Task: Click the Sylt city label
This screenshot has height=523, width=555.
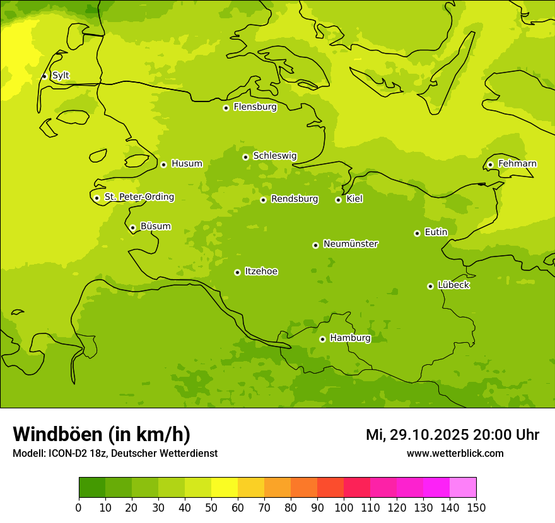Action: [x=61, y=76]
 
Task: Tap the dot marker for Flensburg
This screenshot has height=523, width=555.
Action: [x=226, y=108]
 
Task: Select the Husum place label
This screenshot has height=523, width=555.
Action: [x=187, y=164]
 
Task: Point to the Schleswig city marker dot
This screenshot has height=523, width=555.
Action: [x=245, y=157]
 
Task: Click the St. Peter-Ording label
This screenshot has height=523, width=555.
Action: [x=139, y=197]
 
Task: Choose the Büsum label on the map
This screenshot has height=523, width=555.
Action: [x=155, y=226]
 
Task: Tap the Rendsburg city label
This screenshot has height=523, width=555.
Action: [x=295, y=199]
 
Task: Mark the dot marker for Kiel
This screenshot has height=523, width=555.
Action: [x=338, y=200]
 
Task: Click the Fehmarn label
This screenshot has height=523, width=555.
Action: [x=517, y=164]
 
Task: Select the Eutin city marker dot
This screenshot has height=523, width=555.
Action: [x=417, y=233]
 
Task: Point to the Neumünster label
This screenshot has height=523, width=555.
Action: [x=351, y=244]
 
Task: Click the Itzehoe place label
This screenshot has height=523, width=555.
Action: [x=261, y=272]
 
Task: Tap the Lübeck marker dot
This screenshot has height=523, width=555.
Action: [x=430, y=286]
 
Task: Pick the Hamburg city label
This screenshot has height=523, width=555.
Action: [x=350, y=338]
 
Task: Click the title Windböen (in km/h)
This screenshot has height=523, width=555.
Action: [x=102, y=434]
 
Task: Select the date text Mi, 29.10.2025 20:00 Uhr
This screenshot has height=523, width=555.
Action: [x=452, y=435]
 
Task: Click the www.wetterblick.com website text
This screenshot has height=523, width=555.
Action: [x=455, y=454]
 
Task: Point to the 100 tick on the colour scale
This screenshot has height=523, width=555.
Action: [x=344, y=507]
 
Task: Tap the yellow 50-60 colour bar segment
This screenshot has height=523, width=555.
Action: [x=225, y=488]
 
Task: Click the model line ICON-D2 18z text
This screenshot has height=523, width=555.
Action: [x=115, y=454]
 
